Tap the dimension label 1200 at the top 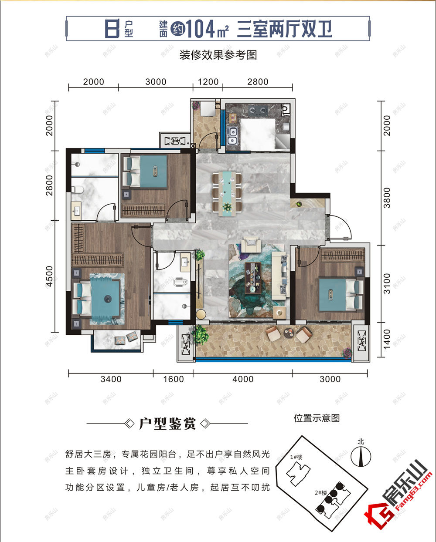[x=208, y=82]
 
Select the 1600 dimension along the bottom [x=173, y=379]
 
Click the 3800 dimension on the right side [x=387, y=198]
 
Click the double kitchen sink [x=232, y=135]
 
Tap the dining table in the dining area [x=227, y=192]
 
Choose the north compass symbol [x=361, y=455]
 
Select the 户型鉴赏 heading [x=167, y=424]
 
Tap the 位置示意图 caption [x=317, y=418]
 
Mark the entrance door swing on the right [x=338, y=227]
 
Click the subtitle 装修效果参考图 [x=218, y=55]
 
